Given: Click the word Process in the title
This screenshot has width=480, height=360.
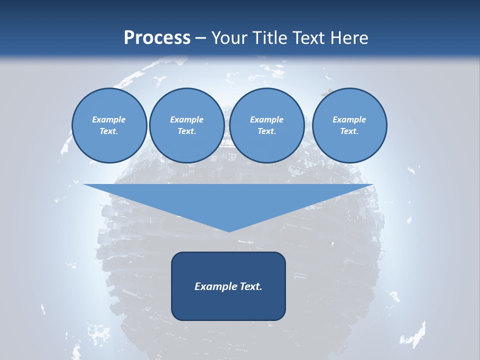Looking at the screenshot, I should coord(157,38).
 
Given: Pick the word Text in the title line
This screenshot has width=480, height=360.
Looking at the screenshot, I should coord(309,38).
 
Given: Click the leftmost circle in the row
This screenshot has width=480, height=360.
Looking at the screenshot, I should coord(109,125).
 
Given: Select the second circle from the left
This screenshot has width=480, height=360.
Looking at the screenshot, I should coord(186,125).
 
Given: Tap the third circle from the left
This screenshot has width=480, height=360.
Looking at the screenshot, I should coord(266,125).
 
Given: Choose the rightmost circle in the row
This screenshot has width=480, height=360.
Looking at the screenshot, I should coord(349,125).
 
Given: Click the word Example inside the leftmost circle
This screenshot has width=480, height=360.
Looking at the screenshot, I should coord(109,119).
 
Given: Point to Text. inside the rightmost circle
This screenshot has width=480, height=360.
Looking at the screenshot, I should coord(349,131).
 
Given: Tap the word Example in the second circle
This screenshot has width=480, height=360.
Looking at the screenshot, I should coord(186,119).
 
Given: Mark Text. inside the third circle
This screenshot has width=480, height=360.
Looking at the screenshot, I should coord(266,131).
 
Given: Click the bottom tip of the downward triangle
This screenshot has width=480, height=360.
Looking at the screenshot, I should coord(229,230).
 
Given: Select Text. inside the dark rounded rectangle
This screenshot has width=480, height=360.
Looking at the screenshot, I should coord(250,286).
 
